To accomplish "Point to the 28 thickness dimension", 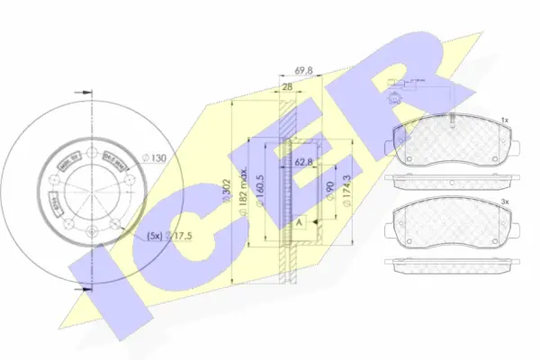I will point(287,87).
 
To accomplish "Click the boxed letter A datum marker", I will point(299,221).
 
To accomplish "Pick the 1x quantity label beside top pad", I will point(504,119).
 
